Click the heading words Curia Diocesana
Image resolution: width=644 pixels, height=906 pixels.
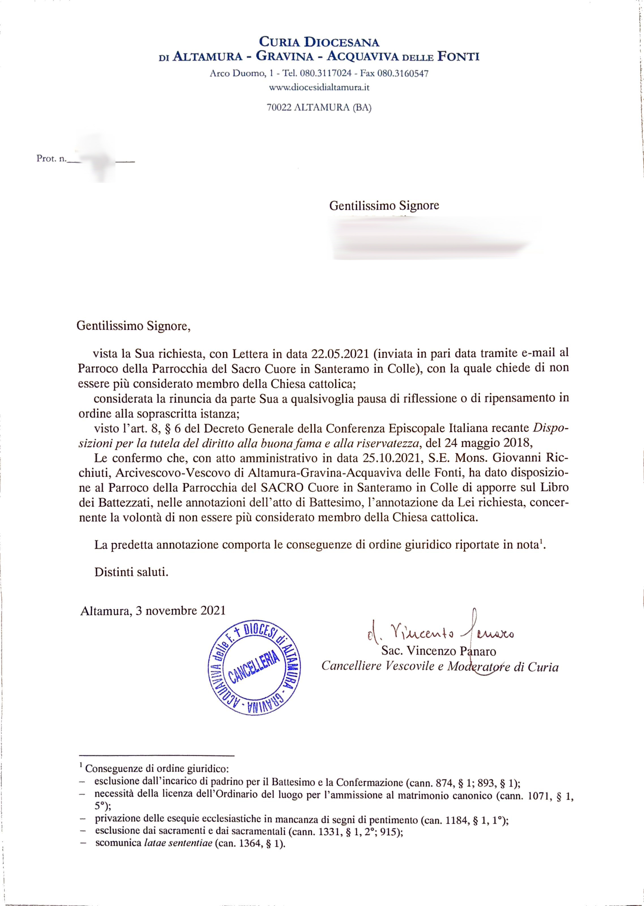click(319, 41)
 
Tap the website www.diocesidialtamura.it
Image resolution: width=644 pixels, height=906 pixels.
click(319, 87)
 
